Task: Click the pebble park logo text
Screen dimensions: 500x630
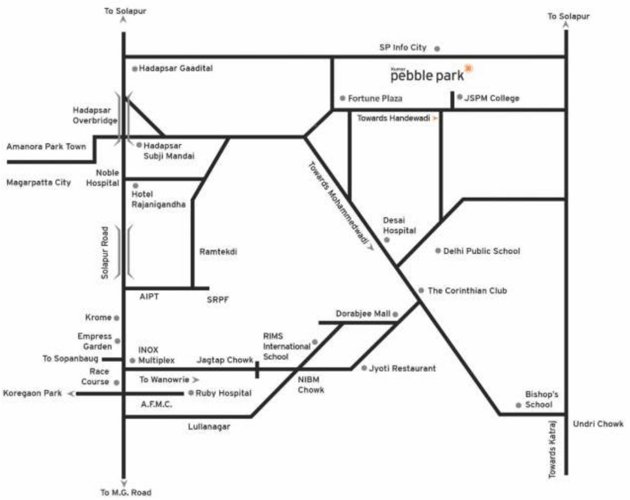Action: click(x=428, y=76)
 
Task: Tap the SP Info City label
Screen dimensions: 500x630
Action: click(x=403, y=48)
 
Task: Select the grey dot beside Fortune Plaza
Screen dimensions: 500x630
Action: click(x=342, y=98)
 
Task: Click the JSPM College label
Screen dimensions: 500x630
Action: click(x=492, y=98)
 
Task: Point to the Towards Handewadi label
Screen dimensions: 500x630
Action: click(x=394, y=118)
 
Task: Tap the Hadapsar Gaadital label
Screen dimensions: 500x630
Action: click(x=176, y=68)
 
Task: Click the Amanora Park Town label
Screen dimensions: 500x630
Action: click(x=46, y=146)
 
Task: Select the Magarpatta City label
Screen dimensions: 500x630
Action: click(x=38, y=182)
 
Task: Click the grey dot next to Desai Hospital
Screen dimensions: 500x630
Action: click(x=387, y=240)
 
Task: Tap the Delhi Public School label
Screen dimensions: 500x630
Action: click(x=482, y=251)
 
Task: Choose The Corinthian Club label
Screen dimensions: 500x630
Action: click(x=467, y=290)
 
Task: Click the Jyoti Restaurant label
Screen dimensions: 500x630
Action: click(x=402, y=368)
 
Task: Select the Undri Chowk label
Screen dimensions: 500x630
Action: click(x=598, y=424)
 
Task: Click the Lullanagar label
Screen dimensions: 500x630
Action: click(x=209, y=426)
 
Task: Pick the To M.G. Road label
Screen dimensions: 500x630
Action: click(x=126, y=492)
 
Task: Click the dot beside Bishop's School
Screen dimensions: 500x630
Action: click(x=518, y=405)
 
